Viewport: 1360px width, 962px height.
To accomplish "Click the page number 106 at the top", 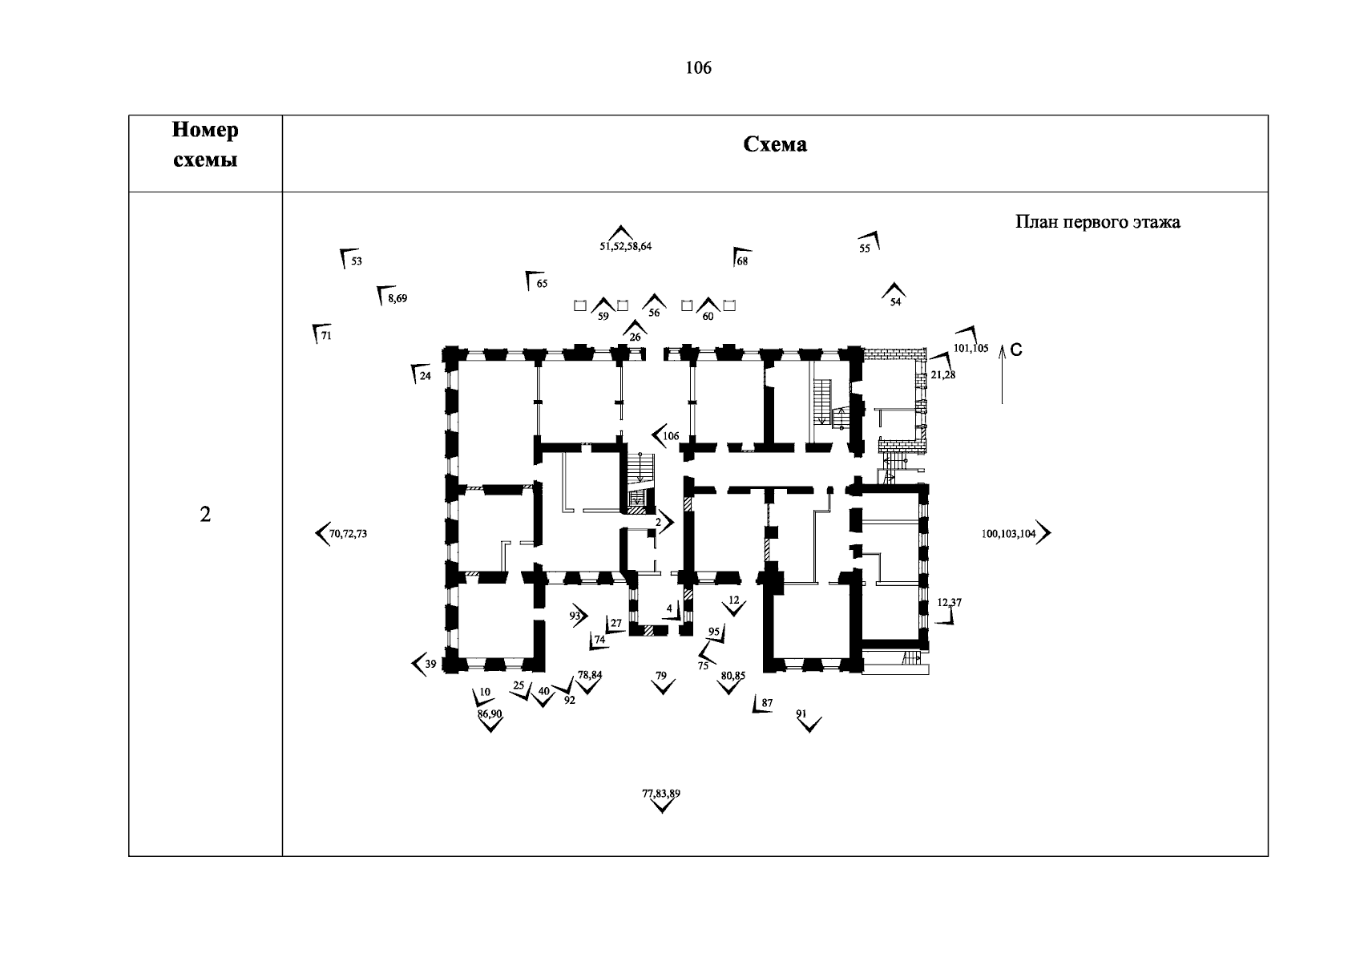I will point(698,68).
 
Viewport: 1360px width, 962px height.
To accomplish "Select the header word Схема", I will point(775,144).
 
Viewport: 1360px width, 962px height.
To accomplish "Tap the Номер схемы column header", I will point(205,144).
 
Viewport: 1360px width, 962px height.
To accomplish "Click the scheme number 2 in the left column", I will point(205,515).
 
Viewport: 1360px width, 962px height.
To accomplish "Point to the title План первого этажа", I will point(1097,221).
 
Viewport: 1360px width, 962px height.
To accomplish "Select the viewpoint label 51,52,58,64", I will point(625,246).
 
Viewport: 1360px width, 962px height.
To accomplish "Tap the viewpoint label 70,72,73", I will point(348,533).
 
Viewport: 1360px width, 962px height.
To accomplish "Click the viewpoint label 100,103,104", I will point(1008,533).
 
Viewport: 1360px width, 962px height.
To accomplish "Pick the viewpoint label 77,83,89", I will point(661,794).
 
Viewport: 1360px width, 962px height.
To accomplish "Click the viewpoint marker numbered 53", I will point(350,260).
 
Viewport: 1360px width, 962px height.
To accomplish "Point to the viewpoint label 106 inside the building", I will point(671,436).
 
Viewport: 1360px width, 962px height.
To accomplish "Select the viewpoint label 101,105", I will point(970,348).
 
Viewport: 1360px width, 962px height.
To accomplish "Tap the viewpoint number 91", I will point(801,713).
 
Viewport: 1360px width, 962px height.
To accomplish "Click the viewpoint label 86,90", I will point(489,713).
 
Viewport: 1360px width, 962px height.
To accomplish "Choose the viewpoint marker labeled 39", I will point(424,664).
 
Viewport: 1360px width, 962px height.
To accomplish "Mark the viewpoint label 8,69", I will point(397,298).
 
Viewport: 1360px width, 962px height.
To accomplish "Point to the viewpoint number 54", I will point(895,302).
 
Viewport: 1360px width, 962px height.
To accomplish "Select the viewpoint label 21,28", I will point(942,374).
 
